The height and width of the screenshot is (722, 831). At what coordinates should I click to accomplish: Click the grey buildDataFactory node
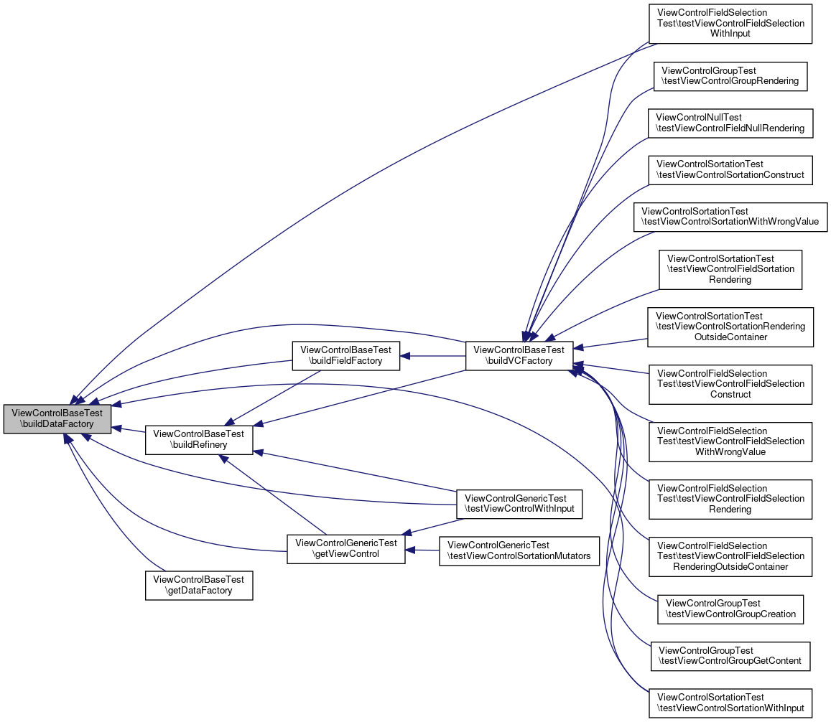[x=57, y=418]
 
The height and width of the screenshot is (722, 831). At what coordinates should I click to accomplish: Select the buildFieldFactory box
[x=345, y=355]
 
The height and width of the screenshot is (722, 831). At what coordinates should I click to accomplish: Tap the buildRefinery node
[x=199, y=439]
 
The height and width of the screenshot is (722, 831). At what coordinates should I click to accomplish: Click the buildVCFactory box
[x=519, y=355]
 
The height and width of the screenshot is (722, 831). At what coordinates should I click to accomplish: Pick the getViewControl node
[x=345, y=548]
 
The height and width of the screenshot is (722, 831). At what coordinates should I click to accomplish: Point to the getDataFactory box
[x=199, y=585]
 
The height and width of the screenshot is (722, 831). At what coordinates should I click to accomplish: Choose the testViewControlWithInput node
[x=520, y=504]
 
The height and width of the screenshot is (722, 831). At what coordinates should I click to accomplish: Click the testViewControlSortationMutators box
[x=519, y=550]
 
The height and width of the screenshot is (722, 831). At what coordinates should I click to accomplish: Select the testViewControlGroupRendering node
[x=730, y=76]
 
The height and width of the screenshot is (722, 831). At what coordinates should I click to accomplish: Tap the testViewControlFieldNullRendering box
[x=730, y=123]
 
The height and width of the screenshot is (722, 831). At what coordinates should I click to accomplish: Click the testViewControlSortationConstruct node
[x=730, y=170]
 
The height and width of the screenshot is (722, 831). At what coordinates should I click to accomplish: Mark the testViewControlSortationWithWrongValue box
[x=730, y=217]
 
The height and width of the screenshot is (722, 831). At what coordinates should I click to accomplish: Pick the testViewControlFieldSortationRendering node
[x=730, y=269]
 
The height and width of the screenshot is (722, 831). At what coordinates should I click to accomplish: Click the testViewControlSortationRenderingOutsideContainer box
[x=730, y=327]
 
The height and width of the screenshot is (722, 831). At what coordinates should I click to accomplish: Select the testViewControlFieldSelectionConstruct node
[x=730, y=384]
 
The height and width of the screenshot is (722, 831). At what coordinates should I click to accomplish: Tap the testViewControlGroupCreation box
[x=730, y=609]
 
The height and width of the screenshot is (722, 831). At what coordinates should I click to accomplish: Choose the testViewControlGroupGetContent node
[x=730, y=656]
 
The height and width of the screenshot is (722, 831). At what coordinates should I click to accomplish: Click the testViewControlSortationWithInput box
[x=730, y=703]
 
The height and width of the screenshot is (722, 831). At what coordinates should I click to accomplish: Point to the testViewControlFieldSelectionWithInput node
[x=730, y=23]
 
